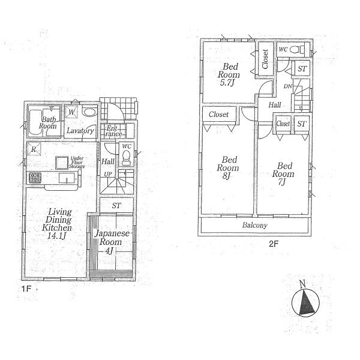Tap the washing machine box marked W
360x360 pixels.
pyautogui.click(x=71, y=112)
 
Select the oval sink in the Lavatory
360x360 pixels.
pyautogui.click(x=89, y=112)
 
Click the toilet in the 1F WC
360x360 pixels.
pyautogui.click(x=126, y=157)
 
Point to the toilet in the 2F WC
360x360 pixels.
pyautogui.click(x=301, y=49)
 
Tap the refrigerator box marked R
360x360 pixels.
pyautogui.click(x=34, y=149)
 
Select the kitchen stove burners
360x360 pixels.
pyautogui.click(x=34, y=178)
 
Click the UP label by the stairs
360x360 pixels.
pyautogui.click(x=109, y=174)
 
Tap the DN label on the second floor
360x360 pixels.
pyautogui.click(x=288, y=86)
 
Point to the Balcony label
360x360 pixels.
pyautogui.click(x=254, y=226)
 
